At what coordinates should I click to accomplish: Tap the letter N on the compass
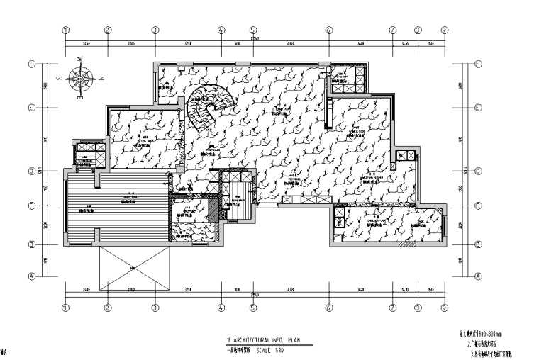[101, 77]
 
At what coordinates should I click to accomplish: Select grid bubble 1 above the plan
[65, 30]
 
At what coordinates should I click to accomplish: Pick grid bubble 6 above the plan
[328, 30]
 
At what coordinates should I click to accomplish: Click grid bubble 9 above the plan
[445, 30]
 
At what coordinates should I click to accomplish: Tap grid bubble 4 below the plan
[221, 308]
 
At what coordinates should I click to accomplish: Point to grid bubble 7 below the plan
[391, 308]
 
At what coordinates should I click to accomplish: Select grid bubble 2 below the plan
[108, 308]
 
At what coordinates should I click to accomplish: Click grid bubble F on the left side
[32, 63]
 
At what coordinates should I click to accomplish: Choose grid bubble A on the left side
[32, 276]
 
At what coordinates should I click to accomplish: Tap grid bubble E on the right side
[477, 108]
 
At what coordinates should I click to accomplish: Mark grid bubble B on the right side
[477, 244]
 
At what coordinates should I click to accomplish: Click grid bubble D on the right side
[477, 171]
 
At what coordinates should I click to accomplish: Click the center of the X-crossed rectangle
[133, 268]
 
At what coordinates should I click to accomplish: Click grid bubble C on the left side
[32, 206]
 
